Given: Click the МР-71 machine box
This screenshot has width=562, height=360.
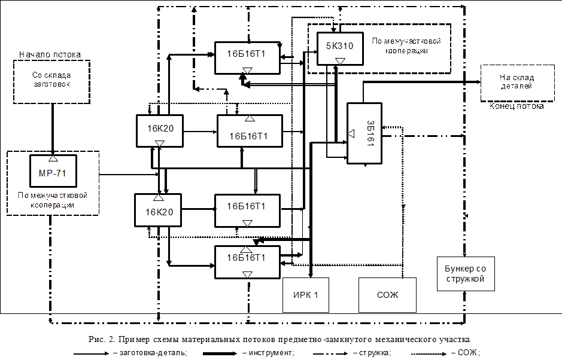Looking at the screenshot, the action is pyautogui.click(x=53, y=171).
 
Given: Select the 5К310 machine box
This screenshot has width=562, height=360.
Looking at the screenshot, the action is pyautogui.click(x=340, y=48).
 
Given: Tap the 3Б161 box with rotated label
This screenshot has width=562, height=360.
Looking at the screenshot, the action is pyautogui.click(x=364, y=133).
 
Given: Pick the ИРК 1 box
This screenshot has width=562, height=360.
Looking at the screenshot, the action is pyautogui.click(x=306, y=295).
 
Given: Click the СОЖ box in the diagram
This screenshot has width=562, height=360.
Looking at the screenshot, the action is pyautogui.click(x=387, y=295).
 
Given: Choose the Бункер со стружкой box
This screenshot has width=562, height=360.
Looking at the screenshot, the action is pyautogui.click(x=466, y=274).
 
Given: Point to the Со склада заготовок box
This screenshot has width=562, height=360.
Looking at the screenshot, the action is pyautogui.click(x=51, y=82).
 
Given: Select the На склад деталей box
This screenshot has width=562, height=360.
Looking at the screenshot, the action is pyautogui.click(x=517, y=83).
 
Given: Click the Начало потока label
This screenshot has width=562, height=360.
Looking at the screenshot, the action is pyautogui.click(x=50, y=55).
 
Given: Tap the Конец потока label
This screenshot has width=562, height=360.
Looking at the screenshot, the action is pyautogui.click(x=517, y=106).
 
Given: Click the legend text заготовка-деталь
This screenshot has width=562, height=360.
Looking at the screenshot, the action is pyautogui.click(x=153, y=353).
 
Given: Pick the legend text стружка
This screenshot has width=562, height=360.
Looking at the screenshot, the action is pyautogui.click(x=375, y=353).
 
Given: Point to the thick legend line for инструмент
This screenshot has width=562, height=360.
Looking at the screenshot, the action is pyautogui.click(x=220, y=353).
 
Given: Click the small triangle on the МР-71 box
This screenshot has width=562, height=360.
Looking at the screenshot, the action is pyautogui.click(x=53, y=158).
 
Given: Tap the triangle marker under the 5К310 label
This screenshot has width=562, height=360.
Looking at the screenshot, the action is pyautogui.click(x=340, y=61).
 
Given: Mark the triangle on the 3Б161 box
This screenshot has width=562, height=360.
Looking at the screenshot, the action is pyautogui.click(x=351, y=133).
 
